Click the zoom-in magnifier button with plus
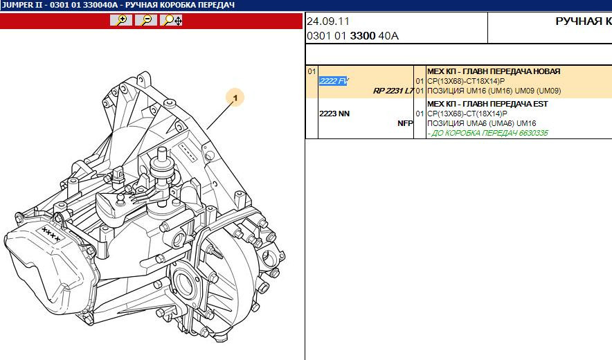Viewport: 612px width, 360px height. [x=121, y=20]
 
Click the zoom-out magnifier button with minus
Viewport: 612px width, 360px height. [x=146, y=20]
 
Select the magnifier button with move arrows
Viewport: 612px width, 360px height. [x=171, y=20]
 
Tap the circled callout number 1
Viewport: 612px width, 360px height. [x=235, y=98]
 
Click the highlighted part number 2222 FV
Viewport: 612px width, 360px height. [x=334, y=81]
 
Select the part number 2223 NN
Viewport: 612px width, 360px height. [x=334, y=114]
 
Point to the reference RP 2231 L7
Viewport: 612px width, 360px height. [x=393, y=91]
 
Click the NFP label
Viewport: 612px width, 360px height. [x=405, y=123]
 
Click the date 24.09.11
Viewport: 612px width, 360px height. [x=328, y=21]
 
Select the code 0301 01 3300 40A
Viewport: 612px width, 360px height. [x=353, y=36]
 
